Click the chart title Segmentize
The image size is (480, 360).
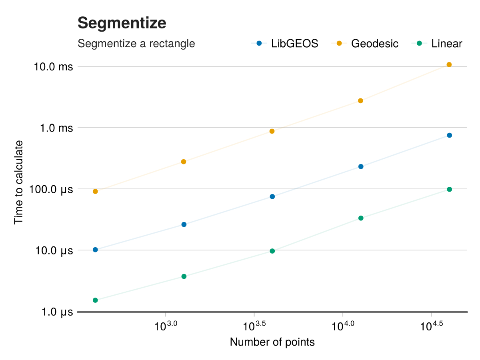coord(122,23)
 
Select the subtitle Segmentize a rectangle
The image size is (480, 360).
coord(136,43)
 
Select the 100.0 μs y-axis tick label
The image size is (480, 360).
coord(52,189)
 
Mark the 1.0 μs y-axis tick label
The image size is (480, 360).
coord(56,312)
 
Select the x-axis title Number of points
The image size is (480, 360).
coord(272,342)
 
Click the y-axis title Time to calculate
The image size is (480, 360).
coord(19,182)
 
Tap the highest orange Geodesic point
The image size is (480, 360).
coord(449,65)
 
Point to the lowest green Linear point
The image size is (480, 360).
coord(95,300)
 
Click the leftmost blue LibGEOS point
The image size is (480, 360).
coord(95,250)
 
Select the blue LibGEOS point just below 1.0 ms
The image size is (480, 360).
coord(449,135)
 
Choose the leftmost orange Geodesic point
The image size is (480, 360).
coord(95,191)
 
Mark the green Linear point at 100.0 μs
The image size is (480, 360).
coord(449,189)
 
